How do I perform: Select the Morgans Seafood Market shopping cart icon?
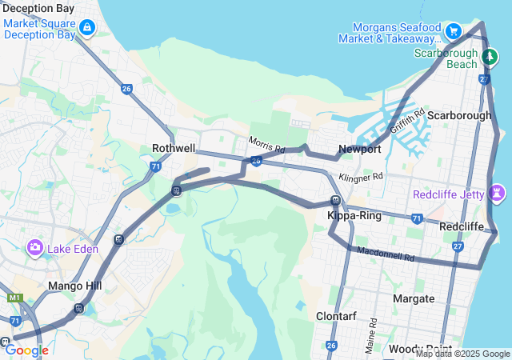click(x=454, y=32)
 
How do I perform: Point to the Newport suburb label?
click(x=359, y=149)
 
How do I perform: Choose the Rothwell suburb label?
click(x=174, y=148)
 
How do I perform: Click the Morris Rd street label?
click(x=266, y=144)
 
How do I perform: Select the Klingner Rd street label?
click(x=362, y=177)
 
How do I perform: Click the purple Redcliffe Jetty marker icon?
click(x=498, y=193)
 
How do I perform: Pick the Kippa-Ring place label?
click(x=349, y=216)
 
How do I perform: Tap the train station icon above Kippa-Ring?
click(x=337, y=201)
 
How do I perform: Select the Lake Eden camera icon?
click(x=35, y=247)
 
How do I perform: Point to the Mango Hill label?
click(x=72, y=286)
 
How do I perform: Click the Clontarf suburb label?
click(x=336, y=316)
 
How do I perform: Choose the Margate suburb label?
click(x=414, y=298)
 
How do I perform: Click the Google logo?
click(x=26, y=350)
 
